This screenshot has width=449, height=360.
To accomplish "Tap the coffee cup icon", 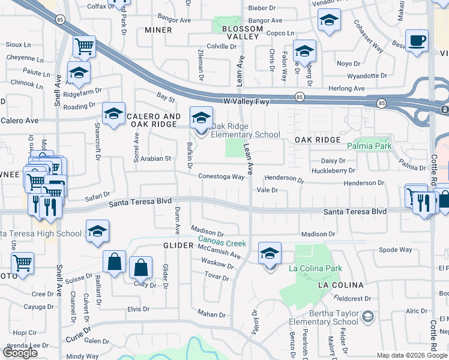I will click(x=417, y=41).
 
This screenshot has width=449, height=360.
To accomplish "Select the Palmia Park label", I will click(x=369, y=146).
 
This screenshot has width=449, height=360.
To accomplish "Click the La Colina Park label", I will click(x=316, y=268).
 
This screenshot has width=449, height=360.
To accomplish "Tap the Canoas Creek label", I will click(x=223, y=244).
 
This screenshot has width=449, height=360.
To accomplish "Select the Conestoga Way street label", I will click(x=221, y=176).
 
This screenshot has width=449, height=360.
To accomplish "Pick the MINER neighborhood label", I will click(x=158, y=30).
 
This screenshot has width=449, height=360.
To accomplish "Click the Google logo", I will click(x=20, y=352).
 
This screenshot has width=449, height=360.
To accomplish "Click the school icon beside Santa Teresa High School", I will click(x=97, y=232).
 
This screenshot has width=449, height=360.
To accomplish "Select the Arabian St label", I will click(x=156, y=159).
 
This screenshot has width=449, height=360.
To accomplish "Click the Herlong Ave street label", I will click(x=347, y=88).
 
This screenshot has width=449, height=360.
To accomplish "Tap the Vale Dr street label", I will click(x=267, y=190).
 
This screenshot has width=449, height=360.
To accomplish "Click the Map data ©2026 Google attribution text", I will click(x=412, y=355).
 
